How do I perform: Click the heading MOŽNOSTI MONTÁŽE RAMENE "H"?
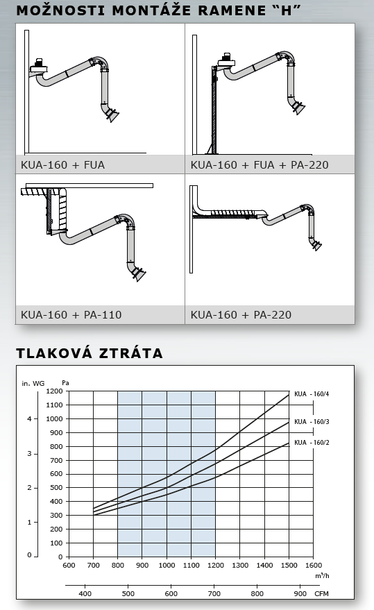point(159,10)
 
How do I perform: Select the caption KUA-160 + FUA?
point(62,165)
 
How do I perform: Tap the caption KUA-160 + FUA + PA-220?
point(260,165)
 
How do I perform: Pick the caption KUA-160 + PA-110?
point(71,315)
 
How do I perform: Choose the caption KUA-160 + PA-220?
point(241,315)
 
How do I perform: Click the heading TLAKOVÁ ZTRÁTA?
point(90,353)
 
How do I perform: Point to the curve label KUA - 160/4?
point(312,394)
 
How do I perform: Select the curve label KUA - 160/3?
point(312,422)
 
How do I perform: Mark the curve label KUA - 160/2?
point(312,442)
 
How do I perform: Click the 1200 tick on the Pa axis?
point(55,391)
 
